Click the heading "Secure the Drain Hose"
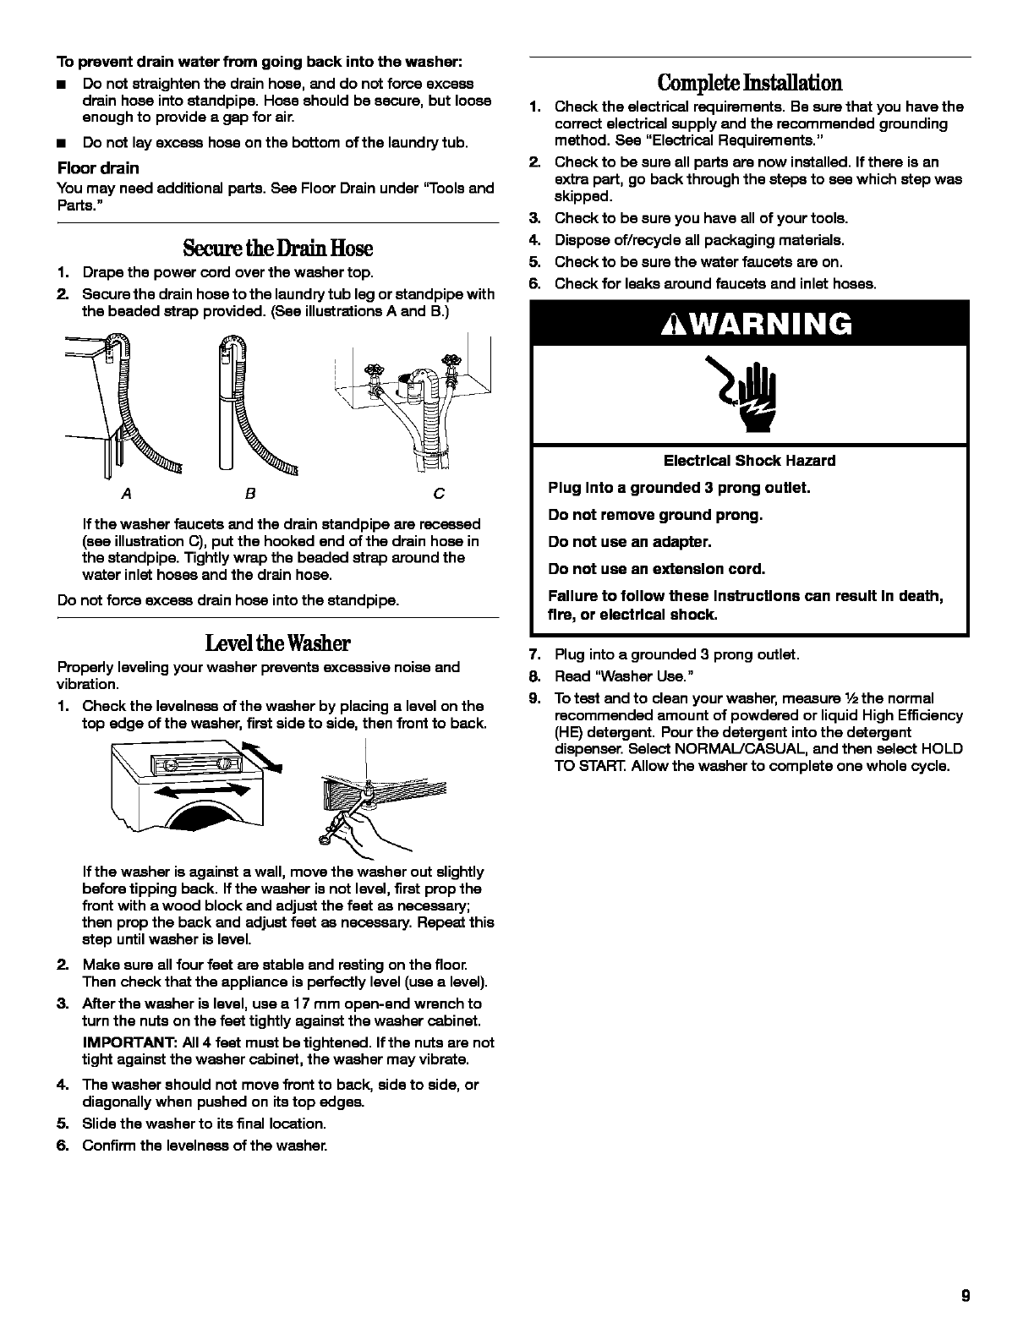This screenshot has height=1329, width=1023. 277,248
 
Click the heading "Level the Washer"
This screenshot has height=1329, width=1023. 277,643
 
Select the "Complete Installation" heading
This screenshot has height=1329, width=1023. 750,83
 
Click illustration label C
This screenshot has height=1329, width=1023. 439,493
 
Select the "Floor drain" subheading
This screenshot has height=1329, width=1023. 98,167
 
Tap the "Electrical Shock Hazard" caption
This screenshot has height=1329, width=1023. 749,461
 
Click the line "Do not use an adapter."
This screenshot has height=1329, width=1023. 630,542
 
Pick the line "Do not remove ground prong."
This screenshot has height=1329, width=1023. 655,515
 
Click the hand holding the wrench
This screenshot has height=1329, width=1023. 369,821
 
